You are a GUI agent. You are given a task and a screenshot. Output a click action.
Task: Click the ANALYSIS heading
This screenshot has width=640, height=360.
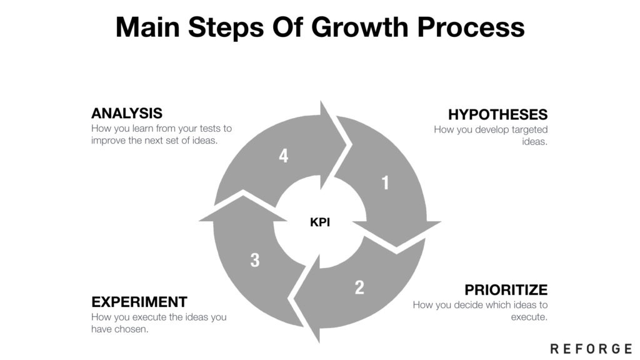[127, 113]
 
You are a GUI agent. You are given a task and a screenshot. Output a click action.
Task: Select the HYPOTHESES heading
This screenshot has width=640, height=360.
[497, 114]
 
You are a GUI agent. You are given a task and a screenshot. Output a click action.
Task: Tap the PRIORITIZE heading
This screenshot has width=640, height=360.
[506, 290]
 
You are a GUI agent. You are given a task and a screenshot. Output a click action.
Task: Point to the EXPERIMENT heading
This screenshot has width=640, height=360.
[139, 302]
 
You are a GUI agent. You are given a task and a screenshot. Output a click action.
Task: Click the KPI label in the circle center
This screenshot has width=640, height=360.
[319, 221]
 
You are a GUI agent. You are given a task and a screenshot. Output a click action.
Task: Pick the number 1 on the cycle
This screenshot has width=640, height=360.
[385, 182]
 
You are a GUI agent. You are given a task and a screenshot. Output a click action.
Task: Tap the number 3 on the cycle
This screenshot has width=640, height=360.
[255, 260]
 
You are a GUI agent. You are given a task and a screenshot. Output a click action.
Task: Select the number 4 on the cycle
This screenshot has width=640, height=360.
[284, 156]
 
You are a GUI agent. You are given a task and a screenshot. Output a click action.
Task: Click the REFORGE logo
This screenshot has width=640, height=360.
[591, 348]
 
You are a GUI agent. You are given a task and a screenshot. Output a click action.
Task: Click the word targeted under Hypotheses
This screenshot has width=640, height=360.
[526, 129]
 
